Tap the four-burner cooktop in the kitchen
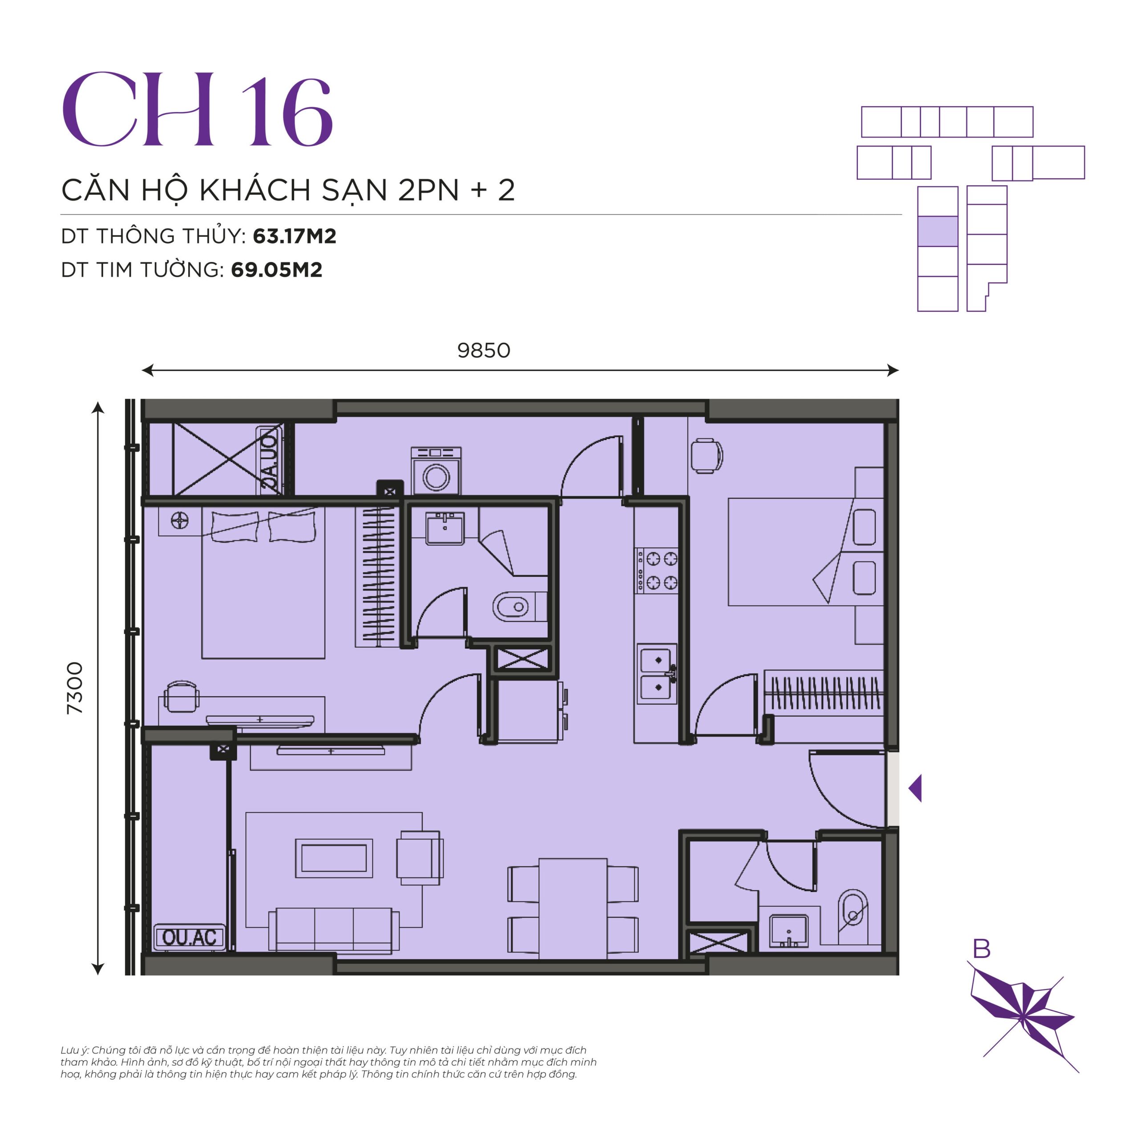point(656,570)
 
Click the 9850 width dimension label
point(484,350)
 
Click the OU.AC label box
point(189,937)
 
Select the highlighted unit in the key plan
point(937,231)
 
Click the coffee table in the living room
point(334,858)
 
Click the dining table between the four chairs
point(573,908)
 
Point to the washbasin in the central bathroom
point(445,528)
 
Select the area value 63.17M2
point(294,236)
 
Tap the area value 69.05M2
point(276,270)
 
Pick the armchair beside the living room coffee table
point(420,858)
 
